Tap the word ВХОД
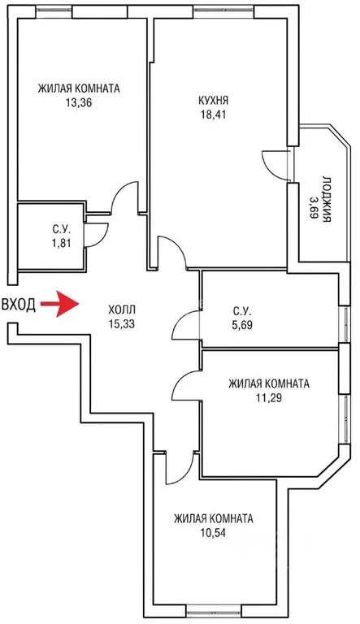(x=19, y=305)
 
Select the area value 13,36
(x=79, y=102)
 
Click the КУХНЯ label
(x=215, y=100)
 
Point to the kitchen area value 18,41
(x=215, y=115)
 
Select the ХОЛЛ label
(x=121, y=310)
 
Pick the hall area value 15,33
(x=121, y=324)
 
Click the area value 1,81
(x=61, y=243)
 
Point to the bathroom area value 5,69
(x=241, y=324)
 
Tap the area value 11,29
(x=269, y=397)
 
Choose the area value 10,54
(x=213, y=532)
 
